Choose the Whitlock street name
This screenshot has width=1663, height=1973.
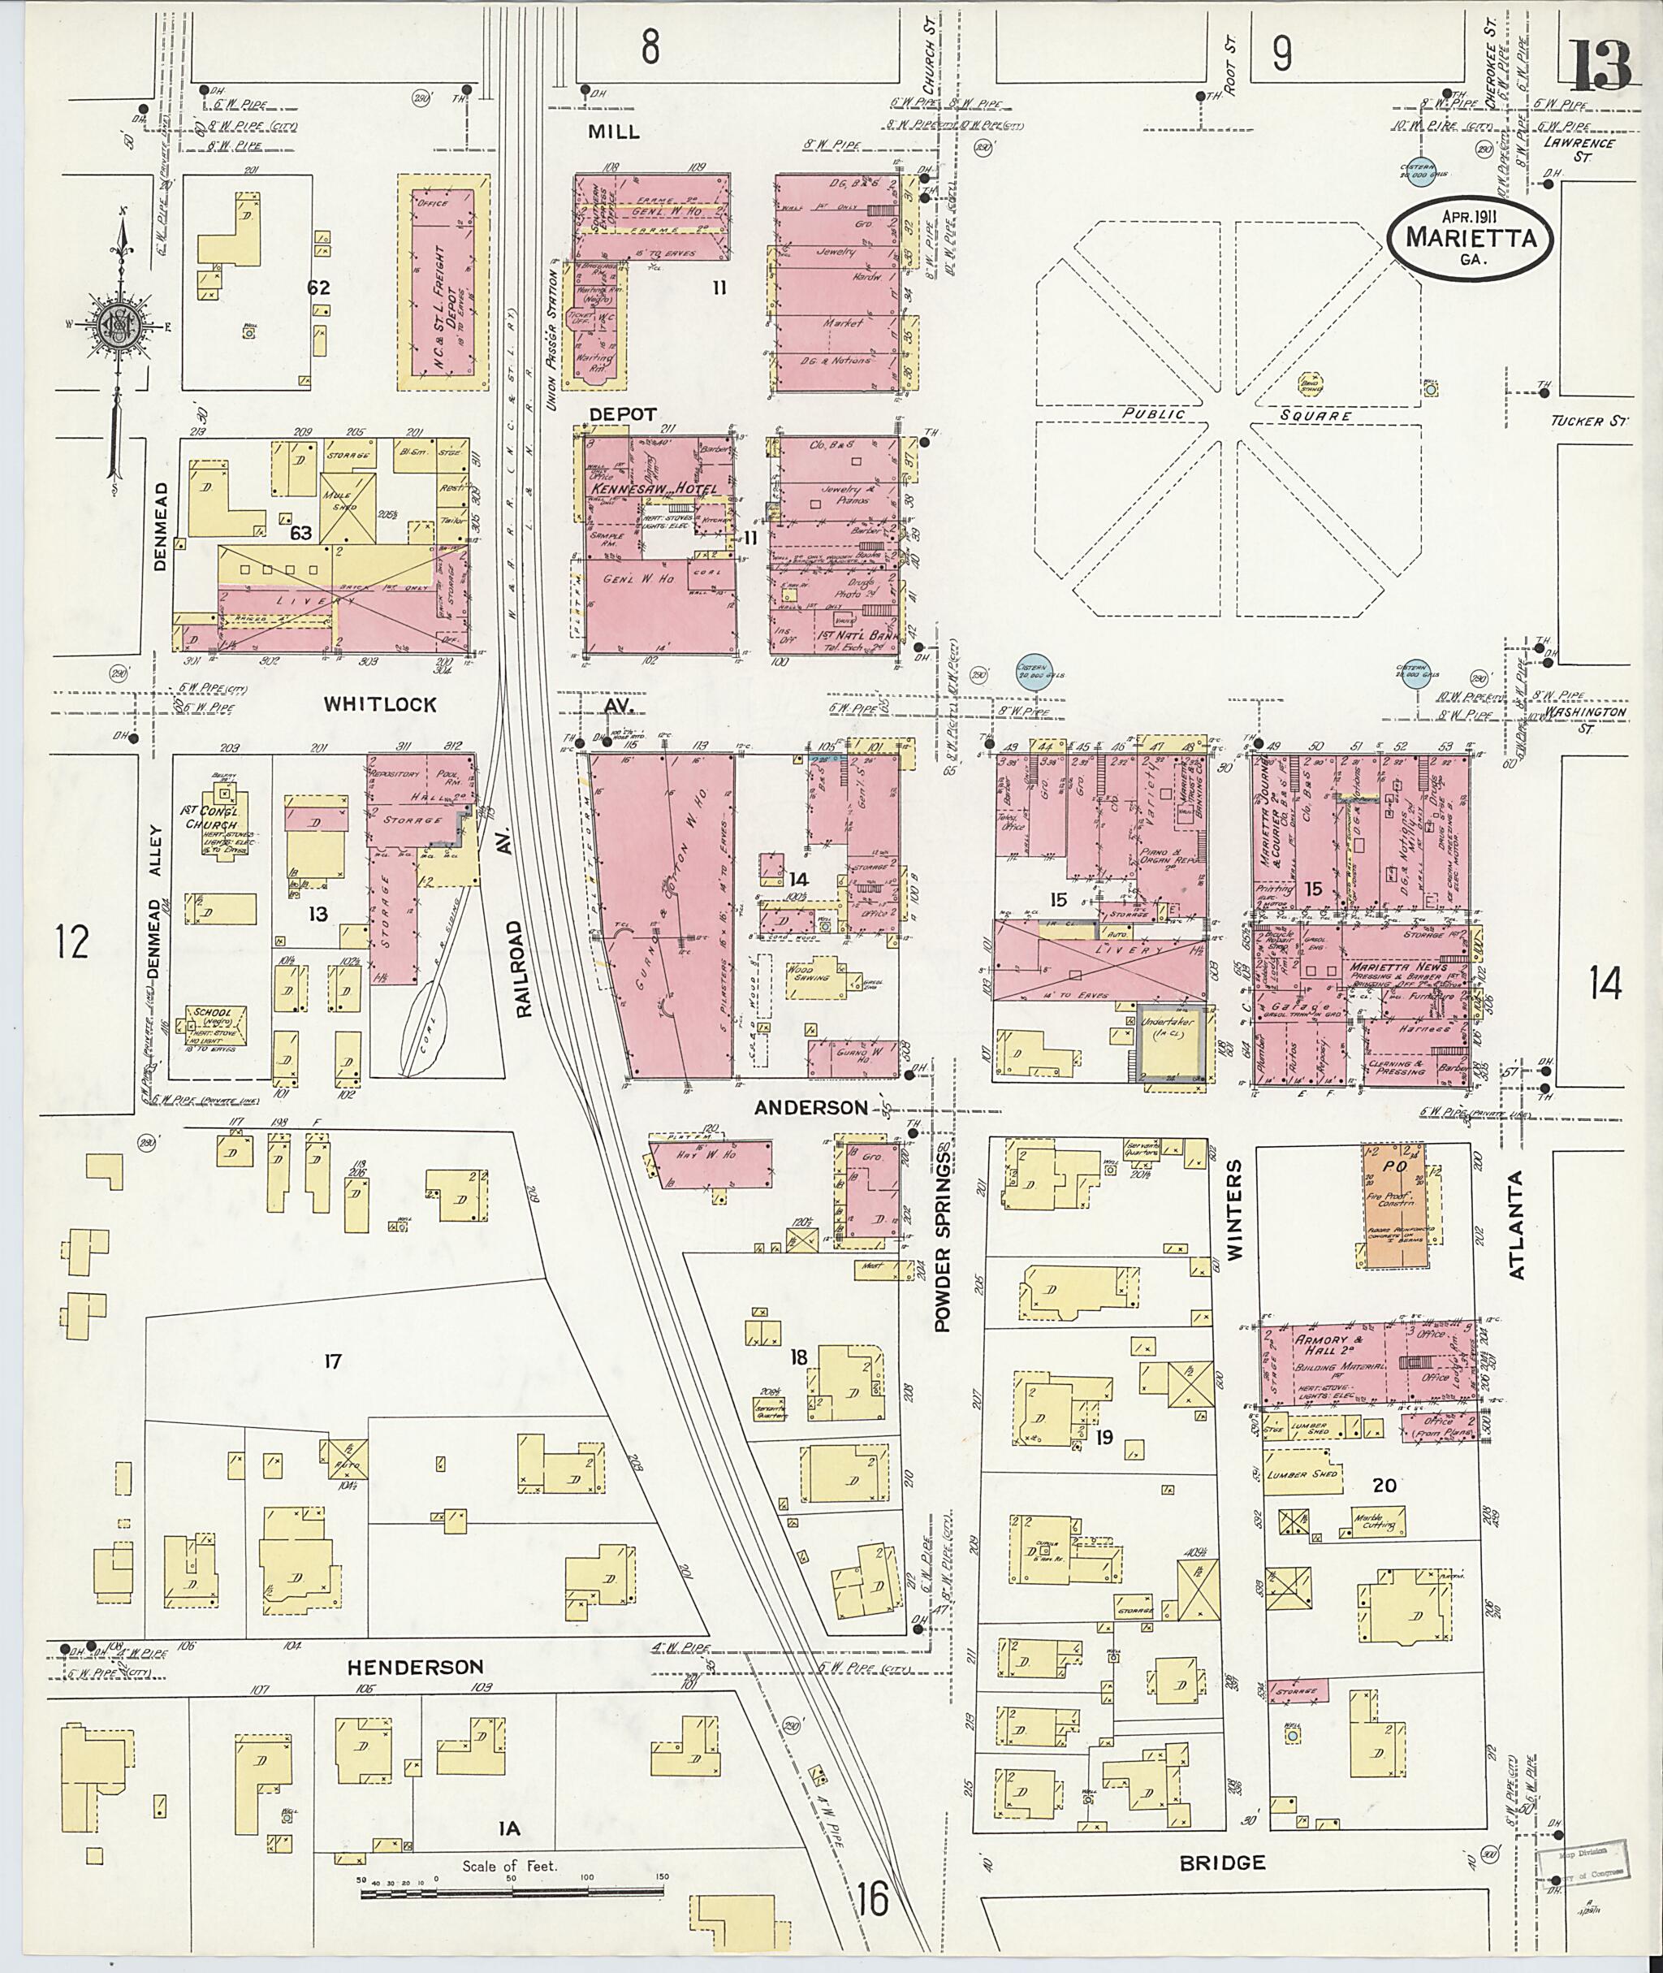click(x=380, y=703)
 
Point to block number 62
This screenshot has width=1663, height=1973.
click(x=318, y=287)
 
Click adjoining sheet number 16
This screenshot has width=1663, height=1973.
click(x=873, y=1897)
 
